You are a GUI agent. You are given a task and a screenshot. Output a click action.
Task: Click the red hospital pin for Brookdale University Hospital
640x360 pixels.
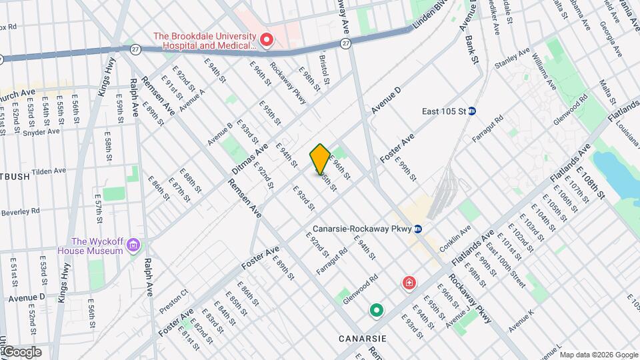point(267,41)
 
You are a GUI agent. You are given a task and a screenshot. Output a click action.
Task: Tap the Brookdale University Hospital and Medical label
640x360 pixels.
point(204,41)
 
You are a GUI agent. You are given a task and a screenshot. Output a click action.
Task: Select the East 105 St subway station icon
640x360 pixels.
point(471,111)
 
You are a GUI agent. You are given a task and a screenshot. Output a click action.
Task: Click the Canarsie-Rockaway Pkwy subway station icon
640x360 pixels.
point(418,229)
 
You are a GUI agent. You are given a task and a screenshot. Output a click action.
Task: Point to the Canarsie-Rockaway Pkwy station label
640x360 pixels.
point(360,229)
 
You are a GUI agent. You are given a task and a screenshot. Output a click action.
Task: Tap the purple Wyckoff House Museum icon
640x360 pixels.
point(133,246)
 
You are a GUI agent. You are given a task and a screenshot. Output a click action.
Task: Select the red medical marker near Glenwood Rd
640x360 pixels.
point(408,284)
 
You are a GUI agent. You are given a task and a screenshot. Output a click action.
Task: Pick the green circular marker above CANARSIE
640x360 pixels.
point(377,310)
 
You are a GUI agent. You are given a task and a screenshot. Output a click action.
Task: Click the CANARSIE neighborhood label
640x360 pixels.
point(363,339)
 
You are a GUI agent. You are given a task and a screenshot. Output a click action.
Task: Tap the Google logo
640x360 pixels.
point(21,351)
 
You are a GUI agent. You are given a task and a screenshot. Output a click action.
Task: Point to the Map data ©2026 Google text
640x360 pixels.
point(598,354)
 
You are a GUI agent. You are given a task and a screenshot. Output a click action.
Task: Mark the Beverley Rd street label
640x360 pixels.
point(20,211)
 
